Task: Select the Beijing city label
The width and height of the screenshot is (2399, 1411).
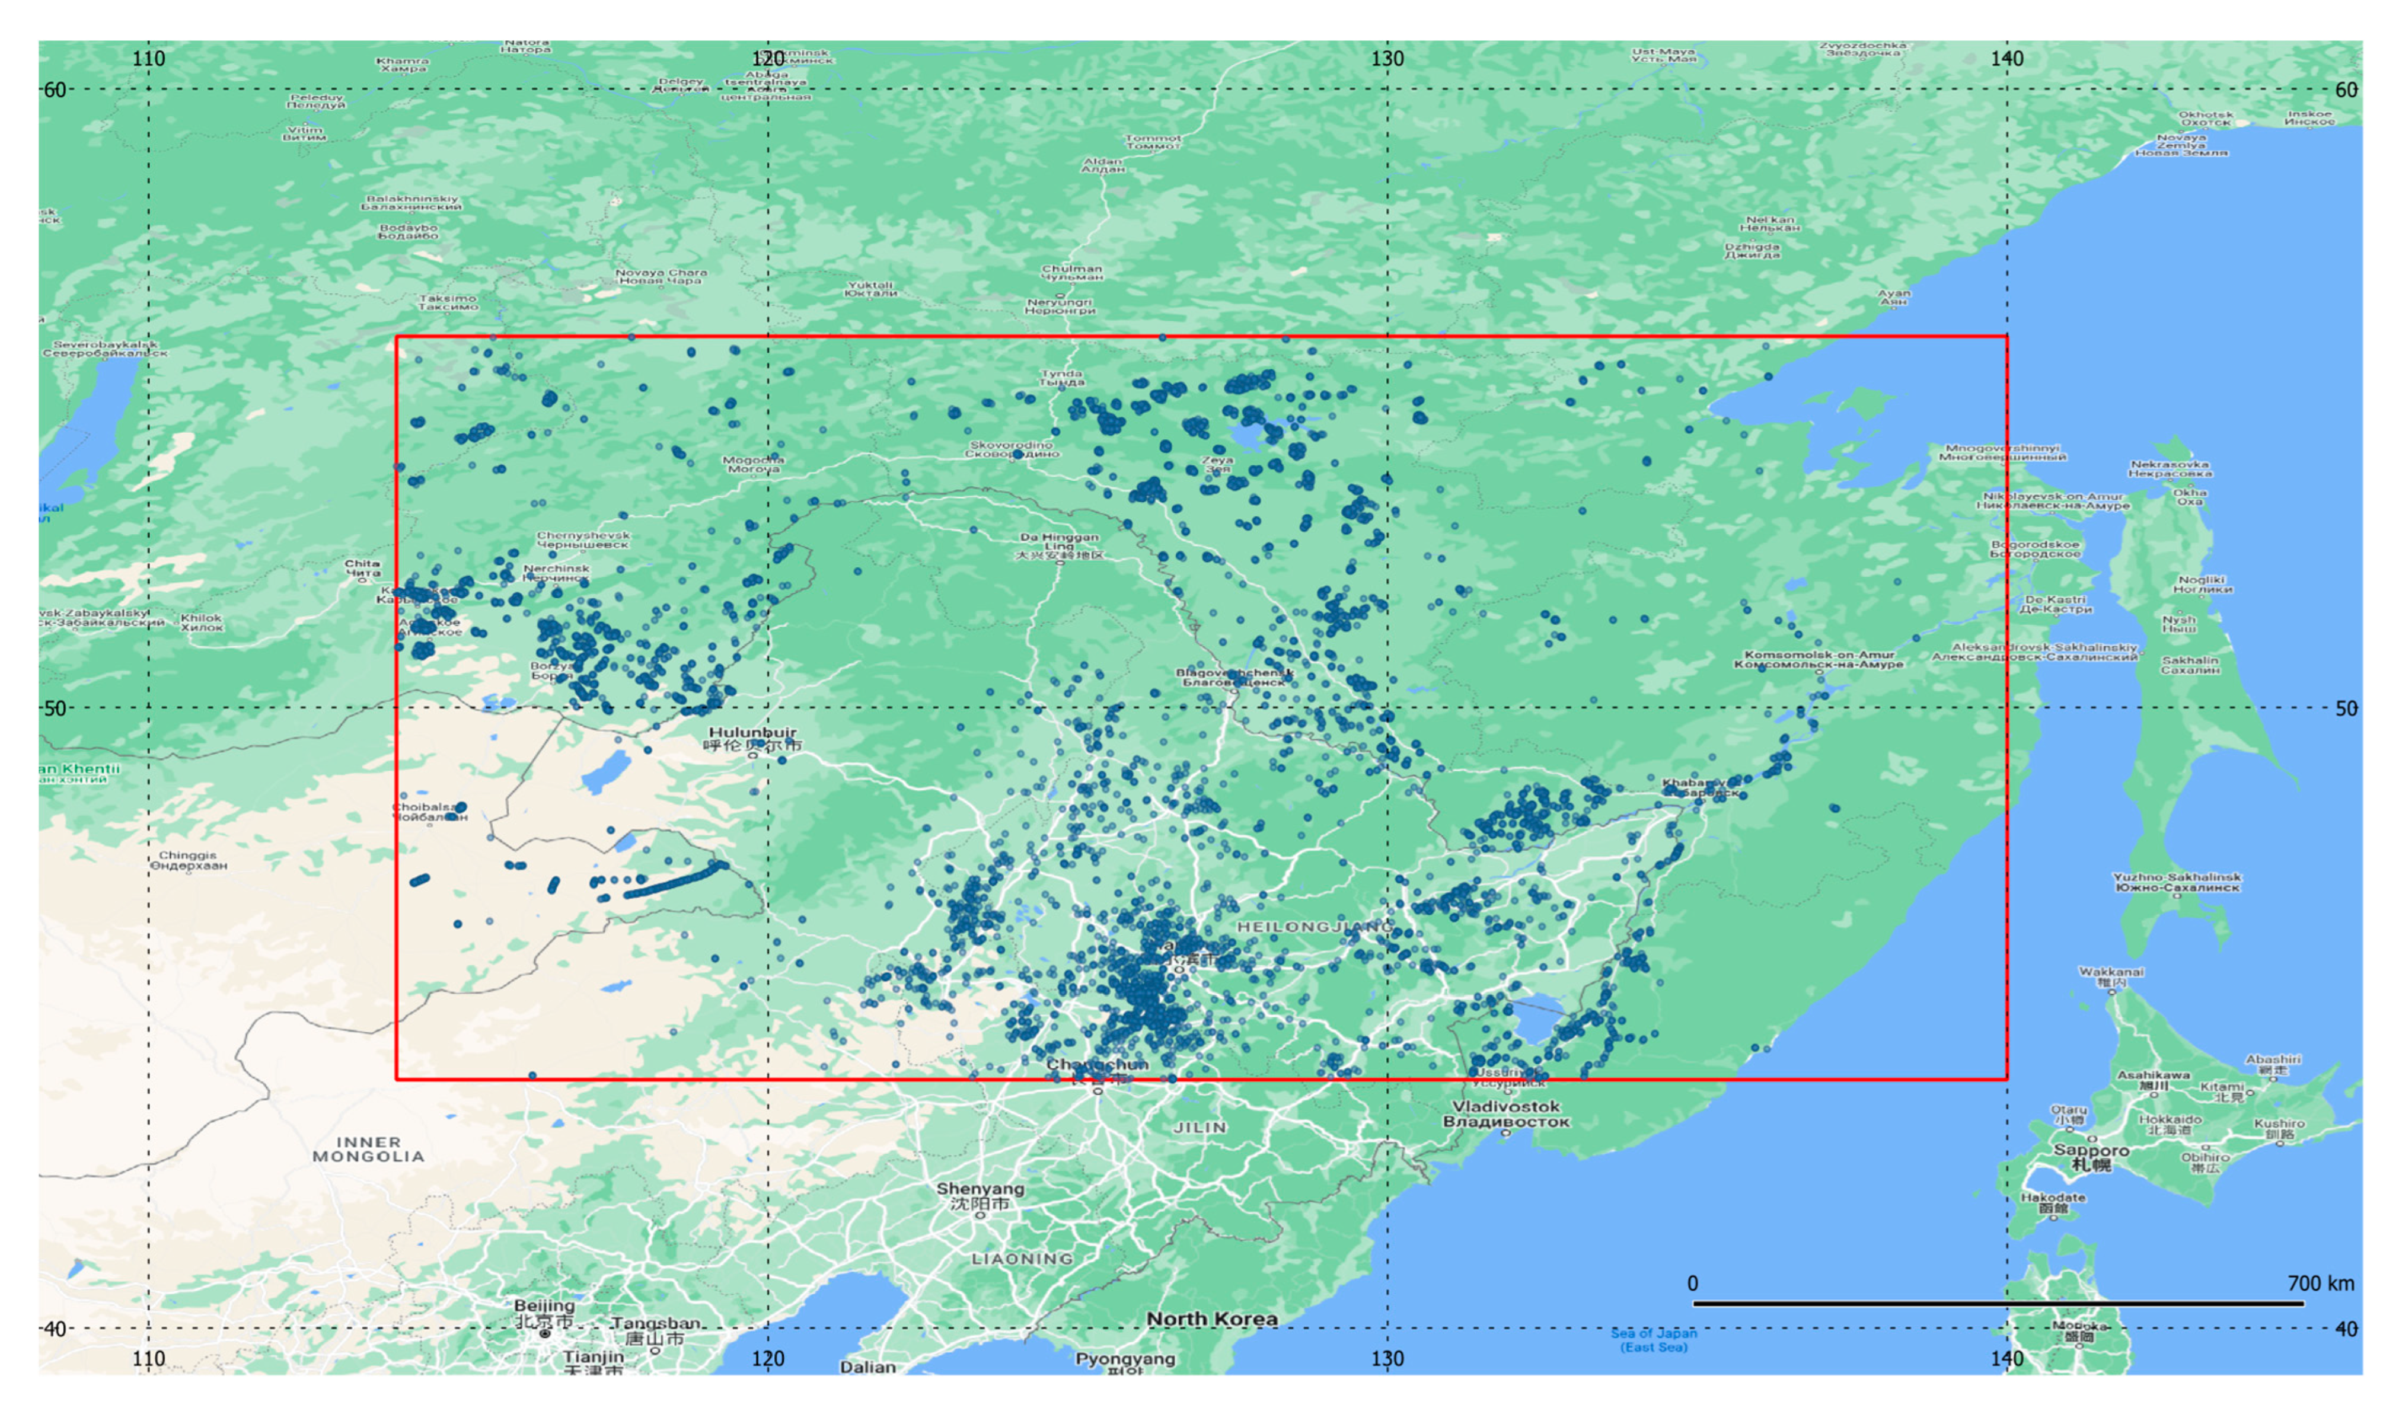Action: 544,1313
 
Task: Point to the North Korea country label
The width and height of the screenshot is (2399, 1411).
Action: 1212,1319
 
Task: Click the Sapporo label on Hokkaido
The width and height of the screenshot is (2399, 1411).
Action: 2091,1156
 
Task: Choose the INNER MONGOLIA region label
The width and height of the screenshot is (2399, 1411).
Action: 368,1149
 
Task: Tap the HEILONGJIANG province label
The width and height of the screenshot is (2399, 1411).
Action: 1314,927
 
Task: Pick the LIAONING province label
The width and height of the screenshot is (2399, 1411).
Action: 1022,1259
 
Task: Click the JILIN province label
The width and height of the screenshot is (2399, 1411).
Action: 1199,1127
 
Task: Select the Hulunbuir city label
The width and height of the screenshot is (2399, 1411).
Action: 752,739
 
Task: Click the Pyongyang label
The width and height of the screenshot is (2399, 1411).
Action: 1125,1359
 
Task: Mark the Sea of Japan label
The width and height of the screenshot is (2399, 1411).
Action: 1654,1340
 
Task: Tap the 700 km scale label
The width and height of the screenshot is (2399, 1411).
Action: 2320,1284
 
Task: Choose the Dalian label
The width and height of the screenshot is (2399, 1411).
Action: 867,1367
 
